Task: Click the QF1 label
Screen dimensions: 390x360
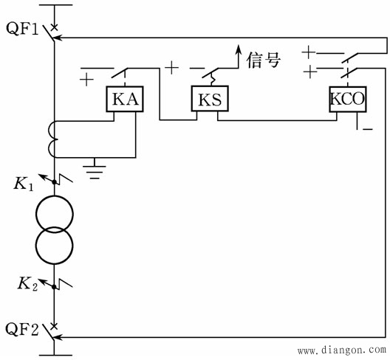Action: [x=22, y=29]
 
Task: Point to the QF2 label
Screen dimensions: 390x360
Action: [x=22, y=329]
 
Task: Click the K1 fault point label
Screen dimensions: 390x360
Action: [x=24, y=184]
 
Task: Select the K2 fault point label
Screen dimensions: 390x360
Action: [x=27, y=283]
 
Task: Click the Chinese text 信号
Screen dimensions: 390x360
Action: [x=264, y=60]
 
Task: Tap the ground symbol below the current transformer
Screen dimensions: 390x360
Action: [x=95, y=170]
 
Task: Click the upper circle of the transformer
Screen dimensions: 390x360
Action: [x=55, y=195]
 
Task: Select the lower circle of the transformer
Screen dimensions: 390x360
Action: [x=55, y=264]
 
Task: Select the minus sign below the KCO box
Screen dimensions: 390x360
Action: [x=368, y=128]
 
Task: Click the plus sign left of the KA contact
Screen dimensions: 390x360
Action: [x=86, y=80]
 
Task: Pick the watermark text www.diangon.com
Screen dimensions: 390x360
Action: [x=342, y=350]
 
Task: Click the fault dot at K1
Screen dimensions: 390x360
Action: [x=54, y=182]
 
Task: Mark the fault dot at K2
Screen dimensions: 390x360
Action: [x=54, y=287]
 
